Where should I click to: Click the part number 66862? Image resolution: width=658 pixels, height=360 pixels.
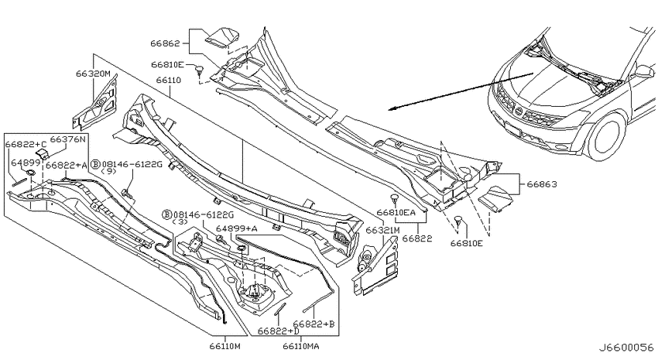coord(165,43)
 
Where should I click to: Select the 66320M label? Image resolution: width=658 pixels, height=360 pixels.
coord(93,74)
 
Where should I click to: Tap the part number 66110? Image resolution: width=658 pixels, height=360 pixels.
coord(168,80)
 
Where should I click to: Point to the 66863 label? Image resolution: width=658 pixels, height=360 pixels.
coord(542,184)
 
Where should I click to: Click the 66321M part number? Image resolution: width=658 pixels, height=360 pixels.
coord(382,231)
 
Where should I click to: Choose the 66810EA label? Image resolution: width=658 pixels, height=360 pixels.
coord(396,212)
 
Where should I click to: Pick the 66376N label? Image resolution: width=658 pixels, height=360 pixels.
coord(68,139)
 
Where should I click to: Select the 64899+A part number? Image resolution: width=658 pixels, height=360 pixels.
coord(237,228)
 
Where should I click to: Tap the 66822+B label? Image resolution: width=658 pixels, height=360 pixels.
coord(314,324)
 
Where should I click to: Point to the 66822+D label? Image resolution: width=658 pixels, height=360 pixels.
coord(279,331)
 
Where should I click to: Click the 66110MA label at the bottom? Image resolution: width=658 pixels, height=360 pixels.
coord(301,347)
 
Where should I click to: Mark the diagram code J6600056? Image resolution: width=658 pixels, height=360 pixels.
coord(626,348)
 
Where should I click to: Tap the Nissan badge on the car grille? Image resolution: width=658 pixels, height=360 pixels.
coord(518,112)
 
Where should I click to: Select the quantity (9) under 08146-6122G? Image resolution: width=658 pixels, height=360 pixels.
coord(109,171)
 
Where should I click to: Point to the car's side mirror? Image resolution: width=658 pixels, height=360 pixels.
coord(644,71)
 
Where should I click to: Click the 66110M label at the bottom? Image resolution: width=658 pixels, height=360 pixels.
coord(225,347)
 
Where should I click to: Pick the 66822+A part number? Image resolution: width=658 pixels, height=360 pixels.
coord(67,166)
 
